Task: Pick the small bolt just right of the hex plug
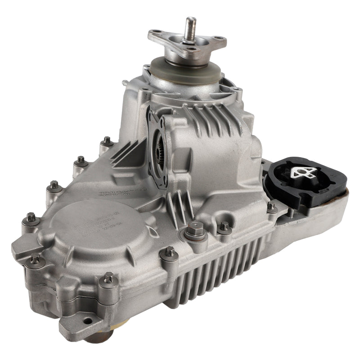[224, 227]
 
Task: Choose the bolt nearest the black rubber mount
[271, 207]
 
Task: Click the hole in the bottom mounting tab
[86, 321]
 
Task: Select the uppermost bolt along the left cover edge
[107, 141]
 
